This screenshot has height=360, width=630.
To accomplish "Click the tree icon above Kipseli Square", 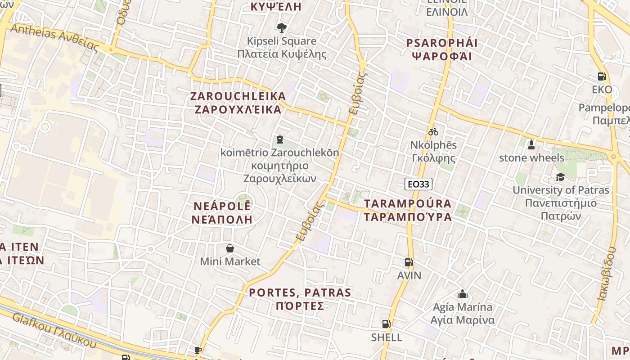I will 282,28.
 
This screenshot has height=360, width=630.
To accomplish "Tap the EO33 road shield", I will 418,184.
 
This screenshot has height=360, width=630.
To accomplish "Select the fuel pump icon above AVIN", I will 409,262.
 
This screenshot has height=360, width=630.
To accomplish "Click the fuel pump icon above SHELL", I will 386,324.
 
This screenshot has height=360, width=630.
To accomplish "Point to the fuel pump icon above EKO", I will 602,76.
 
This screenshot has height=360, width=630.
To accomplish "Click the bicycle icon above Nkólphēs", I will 433,132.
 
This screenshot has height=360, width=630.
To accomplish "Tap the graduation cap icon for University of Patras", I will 560,177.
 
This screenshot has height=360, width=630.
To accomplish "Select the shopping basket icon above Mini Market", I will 230,248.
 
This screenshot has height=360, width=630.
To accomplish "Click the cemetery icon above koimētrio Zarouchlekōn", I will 280,139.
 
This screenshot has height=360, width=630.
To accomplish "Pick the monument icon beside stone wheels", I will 531,145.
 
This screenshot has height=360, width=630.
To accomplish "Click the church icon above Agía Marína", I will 462,294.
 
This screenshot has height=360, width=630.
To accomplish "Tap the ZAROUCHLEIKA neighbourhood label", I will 238,103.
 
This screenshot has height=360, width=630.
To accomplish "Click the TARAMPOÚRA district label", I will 408,210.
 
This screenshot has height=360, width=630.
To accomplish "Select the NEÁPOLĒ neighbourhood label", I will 222,213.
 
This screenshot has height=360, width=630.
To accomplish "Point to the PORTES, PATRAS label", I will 300,299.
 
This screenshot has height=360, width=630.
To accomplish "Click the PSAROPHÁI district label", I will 442,49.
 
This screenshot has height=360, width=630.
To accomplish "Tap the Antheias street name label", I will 54,38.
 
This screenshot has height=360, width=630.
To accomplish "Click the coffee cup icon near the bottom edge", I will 198,350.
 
